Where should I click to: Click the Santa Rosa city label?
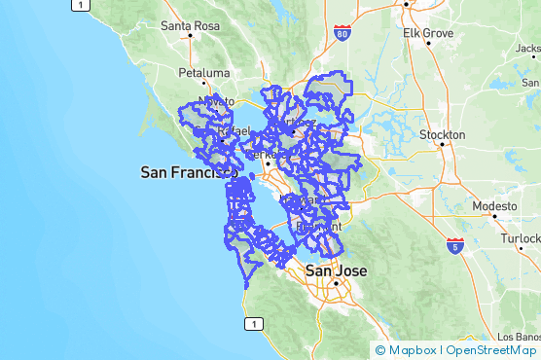point(189,25)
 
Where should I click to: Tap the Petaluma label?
point(203,73)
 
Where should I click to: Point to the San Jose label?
point(336,270)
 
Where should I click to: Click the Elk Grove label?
point(428,33)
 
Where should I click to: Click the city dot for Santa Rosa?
point(190,36)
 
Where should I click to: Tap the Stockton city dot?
point(442,145)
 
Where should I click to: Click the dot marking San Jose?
point(336,283)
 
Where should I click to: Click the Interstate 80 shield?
point(341,34)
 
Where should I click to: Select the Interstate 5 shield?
point(454,245)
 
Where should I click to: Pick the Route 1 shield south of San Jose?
point(253,323)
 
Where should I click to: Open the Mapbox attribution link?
point(407,350)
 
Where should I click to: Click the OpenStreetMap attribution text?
point(491,350)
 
